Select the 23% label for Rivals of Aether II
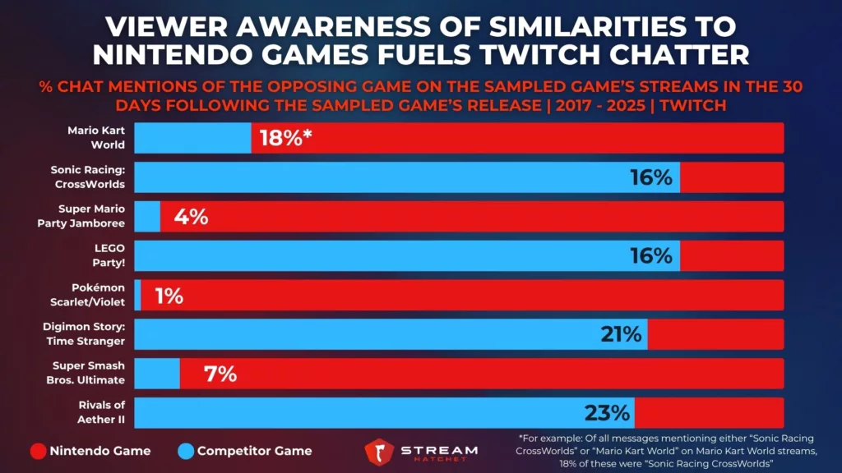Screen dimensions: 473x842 click(x=607, y=412)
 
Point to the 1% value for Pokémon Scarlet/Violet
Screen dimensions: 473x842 click(x=168, y=296)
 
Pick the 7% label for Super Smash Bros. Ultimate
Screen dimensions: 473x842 click(x=220, y=374)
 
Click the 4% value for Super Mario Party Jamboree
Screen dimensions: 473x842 click(x=190, y=217)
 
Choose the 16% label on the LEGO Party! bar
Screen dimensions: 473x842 click(x=651, y=256)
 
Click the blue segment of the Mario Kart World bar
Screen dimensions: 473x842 click(x=192, y=138)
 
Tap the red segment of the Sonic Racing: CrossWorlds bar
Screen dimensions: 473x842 click(x=732, y=177)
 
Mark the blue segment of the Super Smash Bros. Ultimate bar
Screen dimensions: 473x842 click(x=156, y=374)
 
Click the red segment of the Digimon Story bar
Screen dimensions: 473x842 click(x=715, y=334)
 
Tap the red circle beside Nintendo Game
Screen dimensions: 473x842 click(x=37, y=450)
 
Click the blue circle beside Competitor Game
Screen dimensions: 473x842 click(x=184, y=450)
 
